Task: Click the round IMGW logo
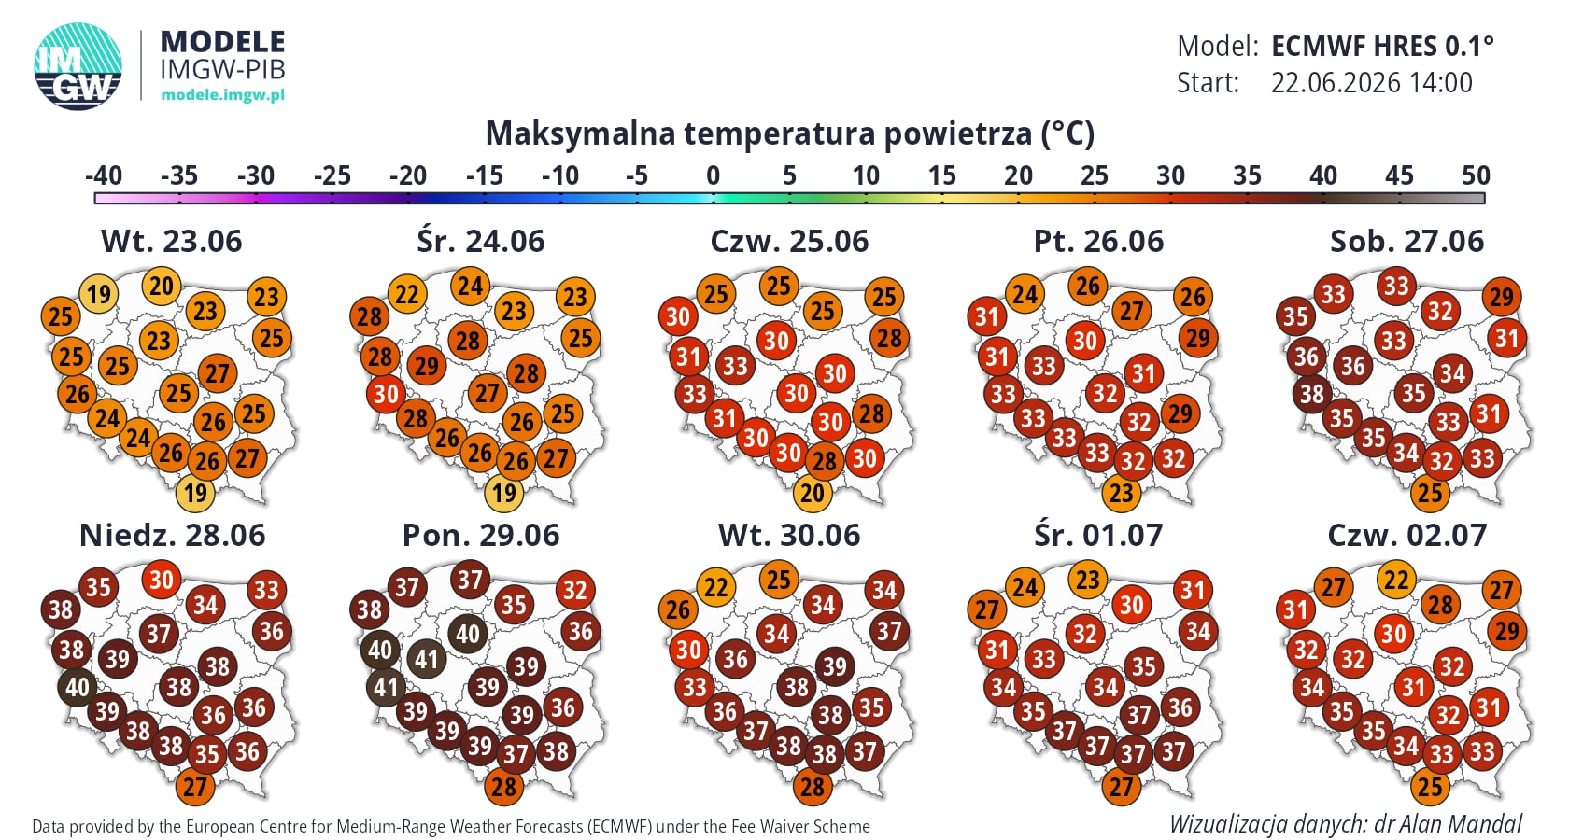pos(78,66)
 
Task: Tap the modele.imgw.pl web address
pos(222,94)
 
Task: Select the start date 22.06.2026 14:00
pos(1371,82)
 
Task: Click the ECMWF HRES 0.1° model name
pos(1382,47)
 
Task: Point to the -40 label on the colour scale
pos(103,175)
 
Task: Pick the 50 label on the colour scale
pos(1476,175)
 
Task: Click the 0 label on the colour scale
pos(714,175)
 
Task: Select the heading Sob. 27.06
pos(1406,242)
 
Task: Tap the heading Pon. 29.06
pos(480,536)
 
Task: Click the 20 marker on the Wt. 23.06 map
pos(162,286)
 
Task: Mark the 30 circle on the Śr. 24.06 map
pos(386,394)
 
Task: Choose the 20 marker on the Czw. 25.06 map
pos(813,493)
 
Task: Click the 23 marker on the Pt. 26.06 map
pos(1122,493)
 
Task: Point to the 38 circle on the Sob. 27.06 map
pos(1312,394)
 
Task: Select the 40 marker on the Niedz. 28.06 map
pos(77,687)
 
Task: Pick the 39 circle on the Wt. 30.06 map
pos(835,665)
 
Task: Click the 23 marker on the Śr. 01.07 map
pos(1088,580)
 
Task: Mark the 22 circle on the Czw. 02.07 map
pos(1397,580)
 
